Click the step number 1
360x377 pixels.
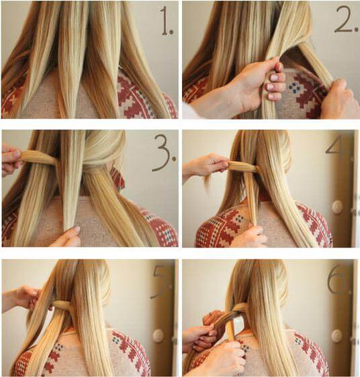coord(166,21)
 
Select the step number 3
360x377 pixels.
coord(165,153)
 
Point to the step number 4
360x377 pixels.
coord(335,147)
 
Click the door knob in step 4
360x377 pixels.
coord(337,207)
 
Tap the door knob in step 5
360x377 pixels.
coord(159,335)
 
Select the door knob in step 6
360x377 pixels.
coord(336,335)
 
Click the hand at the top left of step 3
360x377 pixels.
coord(11,159)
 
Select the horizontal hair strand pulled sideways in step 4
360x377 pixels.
coord(242,166)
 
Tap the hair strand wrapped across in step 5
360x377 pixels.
coord(60,305)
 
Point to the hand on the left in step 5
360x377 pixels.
coord(23,298)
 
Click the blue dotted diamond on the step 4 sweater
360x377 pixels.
coord(239,219)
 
